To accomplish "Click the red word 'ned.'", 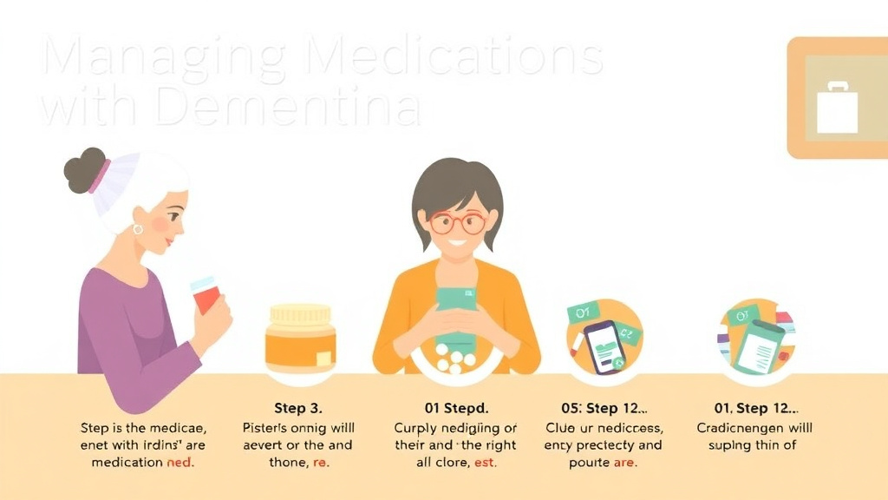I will [180, 463].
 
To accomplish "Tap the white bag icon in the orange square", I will [837, 108].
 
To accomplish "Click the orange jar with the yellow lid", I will [300, 339].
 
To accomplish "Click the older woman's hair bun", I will [83, 170].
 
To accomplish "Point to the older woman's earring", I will [138, 229].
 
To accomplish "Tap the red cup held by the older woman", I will [205, 296].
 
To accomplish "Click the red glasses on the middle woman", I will [457, 222].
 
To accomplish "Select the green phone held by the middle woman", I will [457, 309].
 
